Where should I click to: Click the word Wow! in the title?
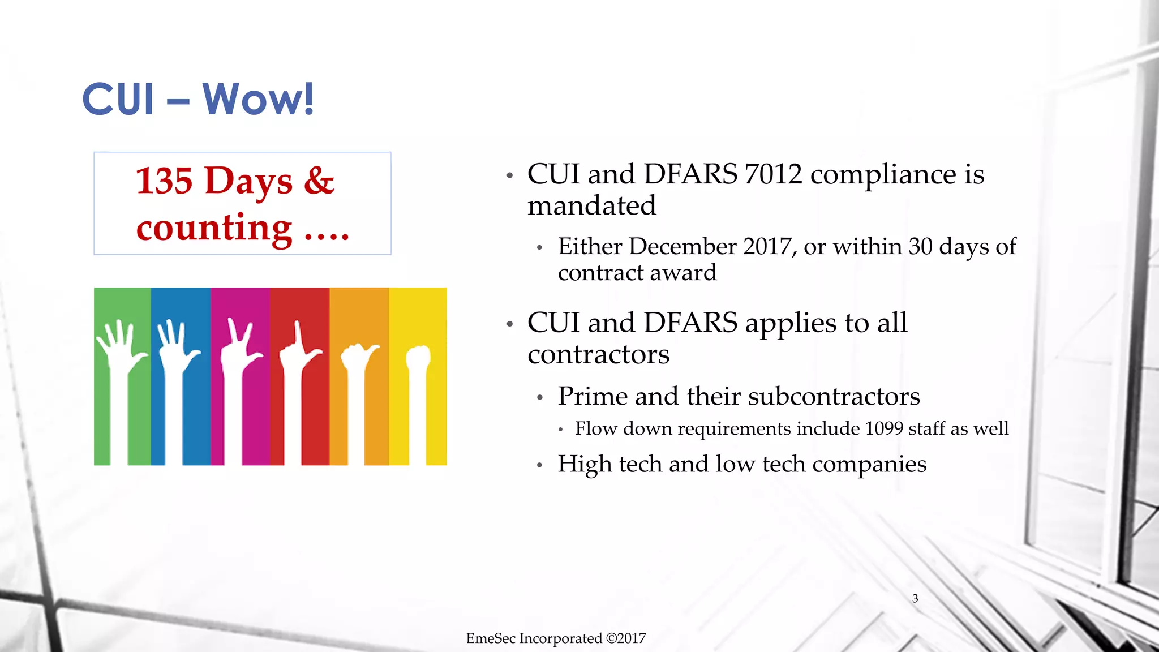coord(257,99)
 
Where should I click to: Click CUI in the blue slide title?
coord(118,99)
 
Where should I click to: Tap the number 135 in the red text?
coord(164,181)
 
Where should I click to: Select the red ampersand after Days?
coord(319,181)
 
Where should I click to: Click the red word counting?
coord(214,228)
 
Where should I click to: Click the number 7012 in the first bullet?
coord(773,174)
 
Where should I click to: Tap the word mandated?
coord(591,205)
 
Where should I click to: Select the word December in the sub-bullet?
coord(682,247)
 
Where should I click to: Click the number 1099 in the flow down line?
coord(883,428)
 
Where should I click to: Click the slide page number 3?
coord(915,598)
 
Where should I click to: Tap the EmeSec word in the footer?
coord(490,638)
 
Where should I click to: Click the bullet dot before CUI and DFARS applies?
coord(509,324)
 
